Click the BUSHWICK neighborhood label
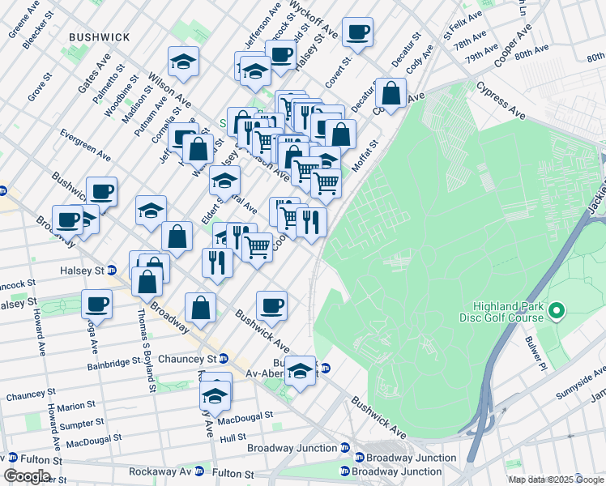pos(100,37)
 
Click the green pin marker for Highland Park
pos(556,310)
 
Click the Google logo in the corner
pos(27,475)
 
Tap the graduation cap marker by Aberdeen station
pos(300,371)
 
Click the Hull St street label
pos(233,437)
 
